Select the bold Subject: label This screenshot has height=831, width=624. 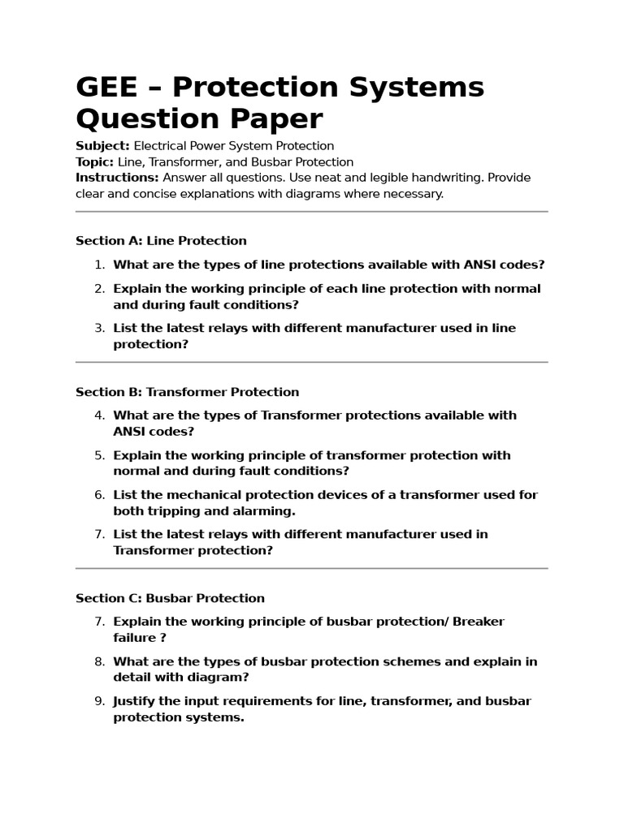coord(102,146)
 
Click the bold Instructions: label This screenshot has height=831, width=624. coord(117,178)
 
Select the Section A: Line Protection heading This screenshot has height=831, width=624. coord(161,240)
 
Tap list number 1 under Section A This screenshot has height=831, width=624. coord(99,265)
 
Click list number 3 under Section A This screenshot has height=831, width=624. coord(99,328)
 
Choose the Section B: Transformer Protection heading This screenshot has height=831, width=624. coord(187,392)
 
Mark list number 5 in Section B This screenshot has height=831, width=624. coord(99,455)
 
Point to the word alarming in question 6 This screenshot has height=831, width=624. coord(265,511)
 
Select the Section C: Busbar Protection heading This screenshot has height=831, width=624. coord(170,598)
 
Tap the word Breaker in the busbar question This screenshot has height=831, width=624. coord(479,622)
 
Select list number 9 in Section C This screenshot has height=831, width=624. coord(99,701)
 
